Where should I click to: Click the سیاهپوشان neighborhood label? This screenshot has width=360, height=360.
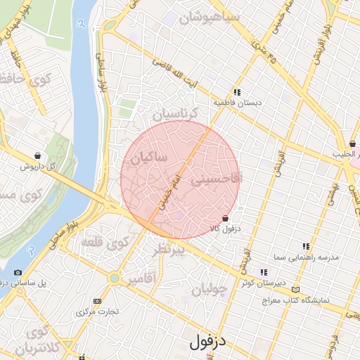[210, 17]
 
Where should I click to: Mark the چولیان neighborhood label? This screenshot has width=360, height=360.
[209, 288]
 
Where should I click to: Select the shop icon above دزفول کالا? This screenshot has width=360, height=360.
[225, 219]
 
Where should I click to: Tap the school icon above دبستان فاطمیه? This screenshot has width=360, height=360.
[238, 91]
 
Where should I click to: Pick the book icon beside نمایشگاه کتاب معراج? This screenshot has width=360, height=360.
[295, 289]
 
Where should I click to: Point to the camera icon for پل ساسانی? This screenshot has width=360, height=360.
[18, 272]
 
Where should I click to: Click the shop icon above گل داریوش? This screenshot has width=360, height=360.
[37, 156]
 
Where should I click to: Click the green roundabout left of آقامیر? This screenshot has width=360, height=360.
[114, 278]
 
